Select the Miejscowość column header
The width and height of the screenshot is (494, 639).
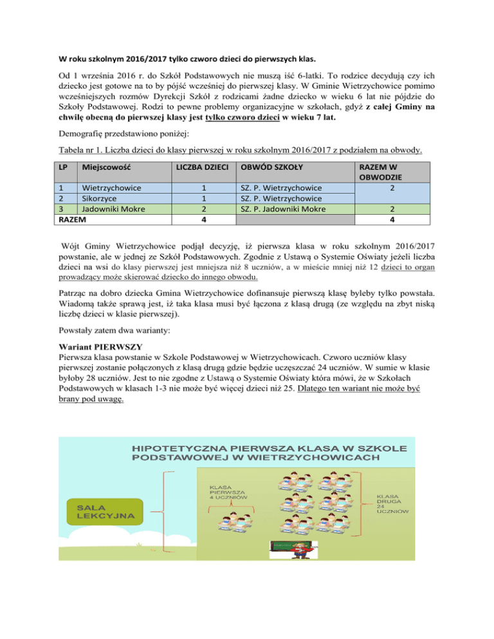[102, 168]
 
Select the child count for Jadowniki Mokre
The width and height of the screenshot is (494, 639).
[203, 209]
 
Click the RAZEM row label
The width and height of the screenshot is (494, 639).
[73, 219]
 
